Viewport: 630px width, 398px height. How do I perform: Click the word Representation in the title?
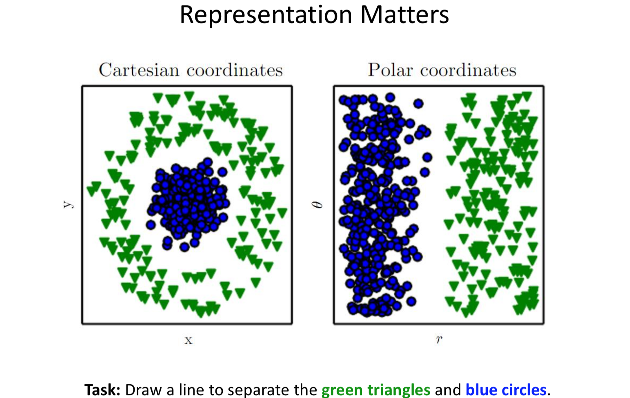[266, 15]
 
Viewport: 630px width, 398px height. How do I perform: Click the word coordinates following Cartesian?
[235, 71]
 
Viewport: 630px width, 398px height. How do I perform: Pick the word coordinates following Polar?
[468, 71]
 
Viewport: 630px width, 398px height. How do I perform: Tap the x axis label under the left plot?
[189, 340]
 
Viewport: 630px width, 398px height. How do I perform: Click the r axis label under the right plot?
[439, 339]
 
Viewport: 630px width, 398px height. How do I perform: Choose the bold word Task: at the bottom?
[102, 390]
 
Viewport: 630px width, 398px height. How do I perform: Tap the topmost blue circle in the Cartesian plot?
[208, 162]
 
